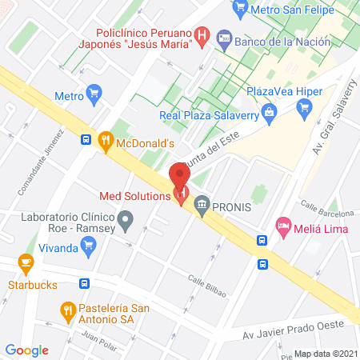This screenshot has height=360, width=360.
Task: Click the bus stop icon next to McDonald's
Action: (x=86, y=140)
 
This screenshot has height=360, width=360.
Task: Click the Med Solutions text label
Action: (x=134, y=195)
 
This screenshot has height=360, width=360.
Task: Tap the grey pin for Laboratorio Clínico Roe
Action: (x=125, y=218)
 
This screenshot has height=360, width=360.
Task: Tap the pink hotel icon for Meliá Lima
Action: (x=282, y=226)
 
